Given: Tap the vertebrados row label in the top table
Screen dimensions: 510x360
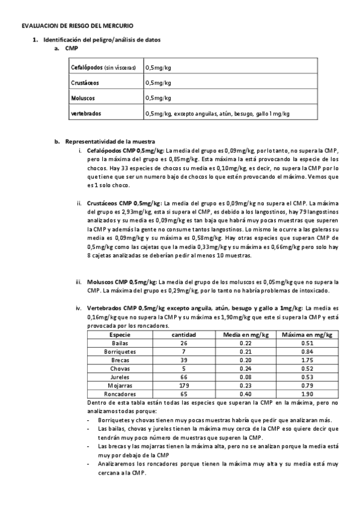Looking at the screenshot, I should pyautogui.click(x=86, y=112).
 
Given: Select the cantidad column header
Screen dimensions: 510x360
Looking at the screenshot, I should pyautogui.click(x=183, y=334).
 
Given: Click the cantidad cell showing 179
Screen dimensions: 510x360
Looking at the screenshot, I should pyautogui.click(x=183, y=385).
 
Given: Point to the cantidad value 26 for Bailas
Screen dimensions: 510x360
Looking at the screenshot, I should pyautogui.click(x=183, y=343).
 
